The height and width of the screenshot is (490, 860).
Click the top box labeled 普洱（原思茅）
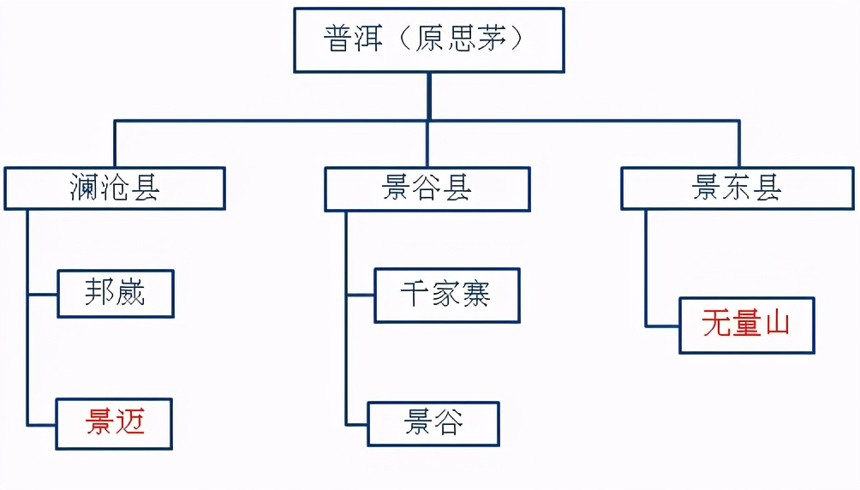point(429,40)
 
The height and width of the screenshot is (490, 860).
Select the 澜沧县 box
point(115,188)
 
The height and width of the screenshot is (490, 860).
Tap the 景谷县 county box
point(427,188)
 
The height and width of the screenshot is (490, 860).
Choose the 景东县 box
point(738,188)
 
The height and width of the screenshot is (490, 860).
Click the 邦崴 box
point(116,294)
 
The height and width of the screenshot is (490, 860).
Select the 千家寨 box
point(446,296)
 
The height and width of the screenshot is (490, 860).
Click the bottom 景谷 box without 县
point(433,423)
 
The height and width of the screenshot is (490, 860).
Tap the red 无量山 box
point(746,325)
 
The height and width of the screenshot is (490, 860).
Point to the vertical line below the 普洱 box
point(429,96)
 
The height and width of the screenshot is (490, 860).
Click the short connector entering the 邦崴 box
point(43,295)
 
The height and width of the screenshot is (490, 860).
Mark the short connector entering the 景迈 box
point(42,424)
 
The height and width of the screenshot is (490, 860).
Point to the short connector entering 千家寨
point(361,296)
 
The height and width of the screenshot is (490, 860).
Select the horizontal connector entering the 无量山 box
point(663,326)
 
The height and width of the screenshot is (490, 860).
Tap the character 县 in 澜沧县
point(145,188)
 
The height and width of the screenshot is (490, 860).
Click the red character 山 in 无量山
point(776,325)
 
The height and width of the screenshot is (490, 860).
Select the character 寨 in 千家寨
point(475,296)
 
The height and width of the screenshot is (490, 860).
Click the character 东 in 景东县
point(738,188)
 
